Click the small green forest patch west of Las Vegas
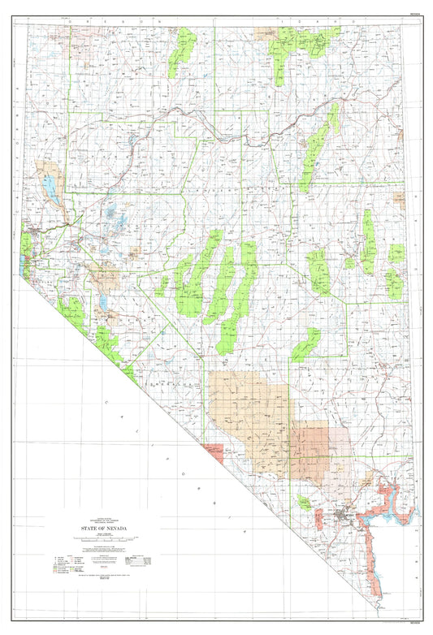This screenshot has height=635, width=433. [304, 503]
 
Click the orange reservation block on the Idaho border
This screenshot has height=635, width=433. [266, 33]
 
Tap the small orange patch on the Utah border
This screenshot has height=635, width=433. [399, 200]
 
